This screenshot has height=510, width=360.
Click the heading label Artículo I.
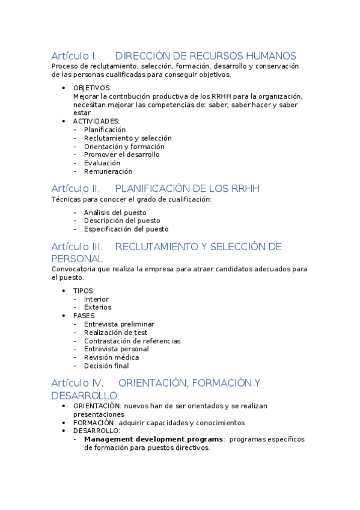[x=74, y=56]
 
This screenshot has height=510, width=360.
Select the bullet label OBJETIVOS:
[x=92, y=88]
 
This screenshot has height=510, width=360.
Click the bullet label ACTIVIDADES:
[x=96, y=121]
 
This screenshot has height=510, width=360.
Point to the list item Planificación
[x=105, y=129]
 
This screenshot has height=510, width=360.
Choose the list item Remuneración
[x=108, y=171]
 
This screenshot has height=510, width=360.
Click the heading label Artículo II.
[x=75, y=189]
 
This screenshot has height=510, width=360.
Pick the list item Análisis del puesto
[x=115, y=212]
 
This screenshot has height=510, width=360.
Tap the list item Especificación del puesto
[x=126, y=229]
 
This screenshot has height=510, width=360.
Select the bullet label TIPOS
[x=83, y=290]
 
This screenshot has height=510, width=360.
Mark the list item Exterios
[x=97, y=307]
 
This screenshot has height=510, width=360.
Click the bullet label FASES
[x=84, y=315]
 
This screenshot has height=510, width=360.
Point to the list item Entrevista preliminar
[x=119, y=324]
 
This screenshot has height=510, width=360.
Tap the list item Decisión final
[x=106, y=366]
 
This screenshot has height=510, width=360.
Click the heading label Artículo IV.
[x=77, y=383]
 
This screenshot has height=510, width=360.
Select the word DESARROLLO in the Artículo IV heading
[x=84, y=396]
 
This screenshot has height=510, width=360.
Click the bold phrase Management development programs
[x=153, y=439]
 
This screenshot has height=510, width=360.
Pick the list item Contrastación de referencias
[x=132, y=341]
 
